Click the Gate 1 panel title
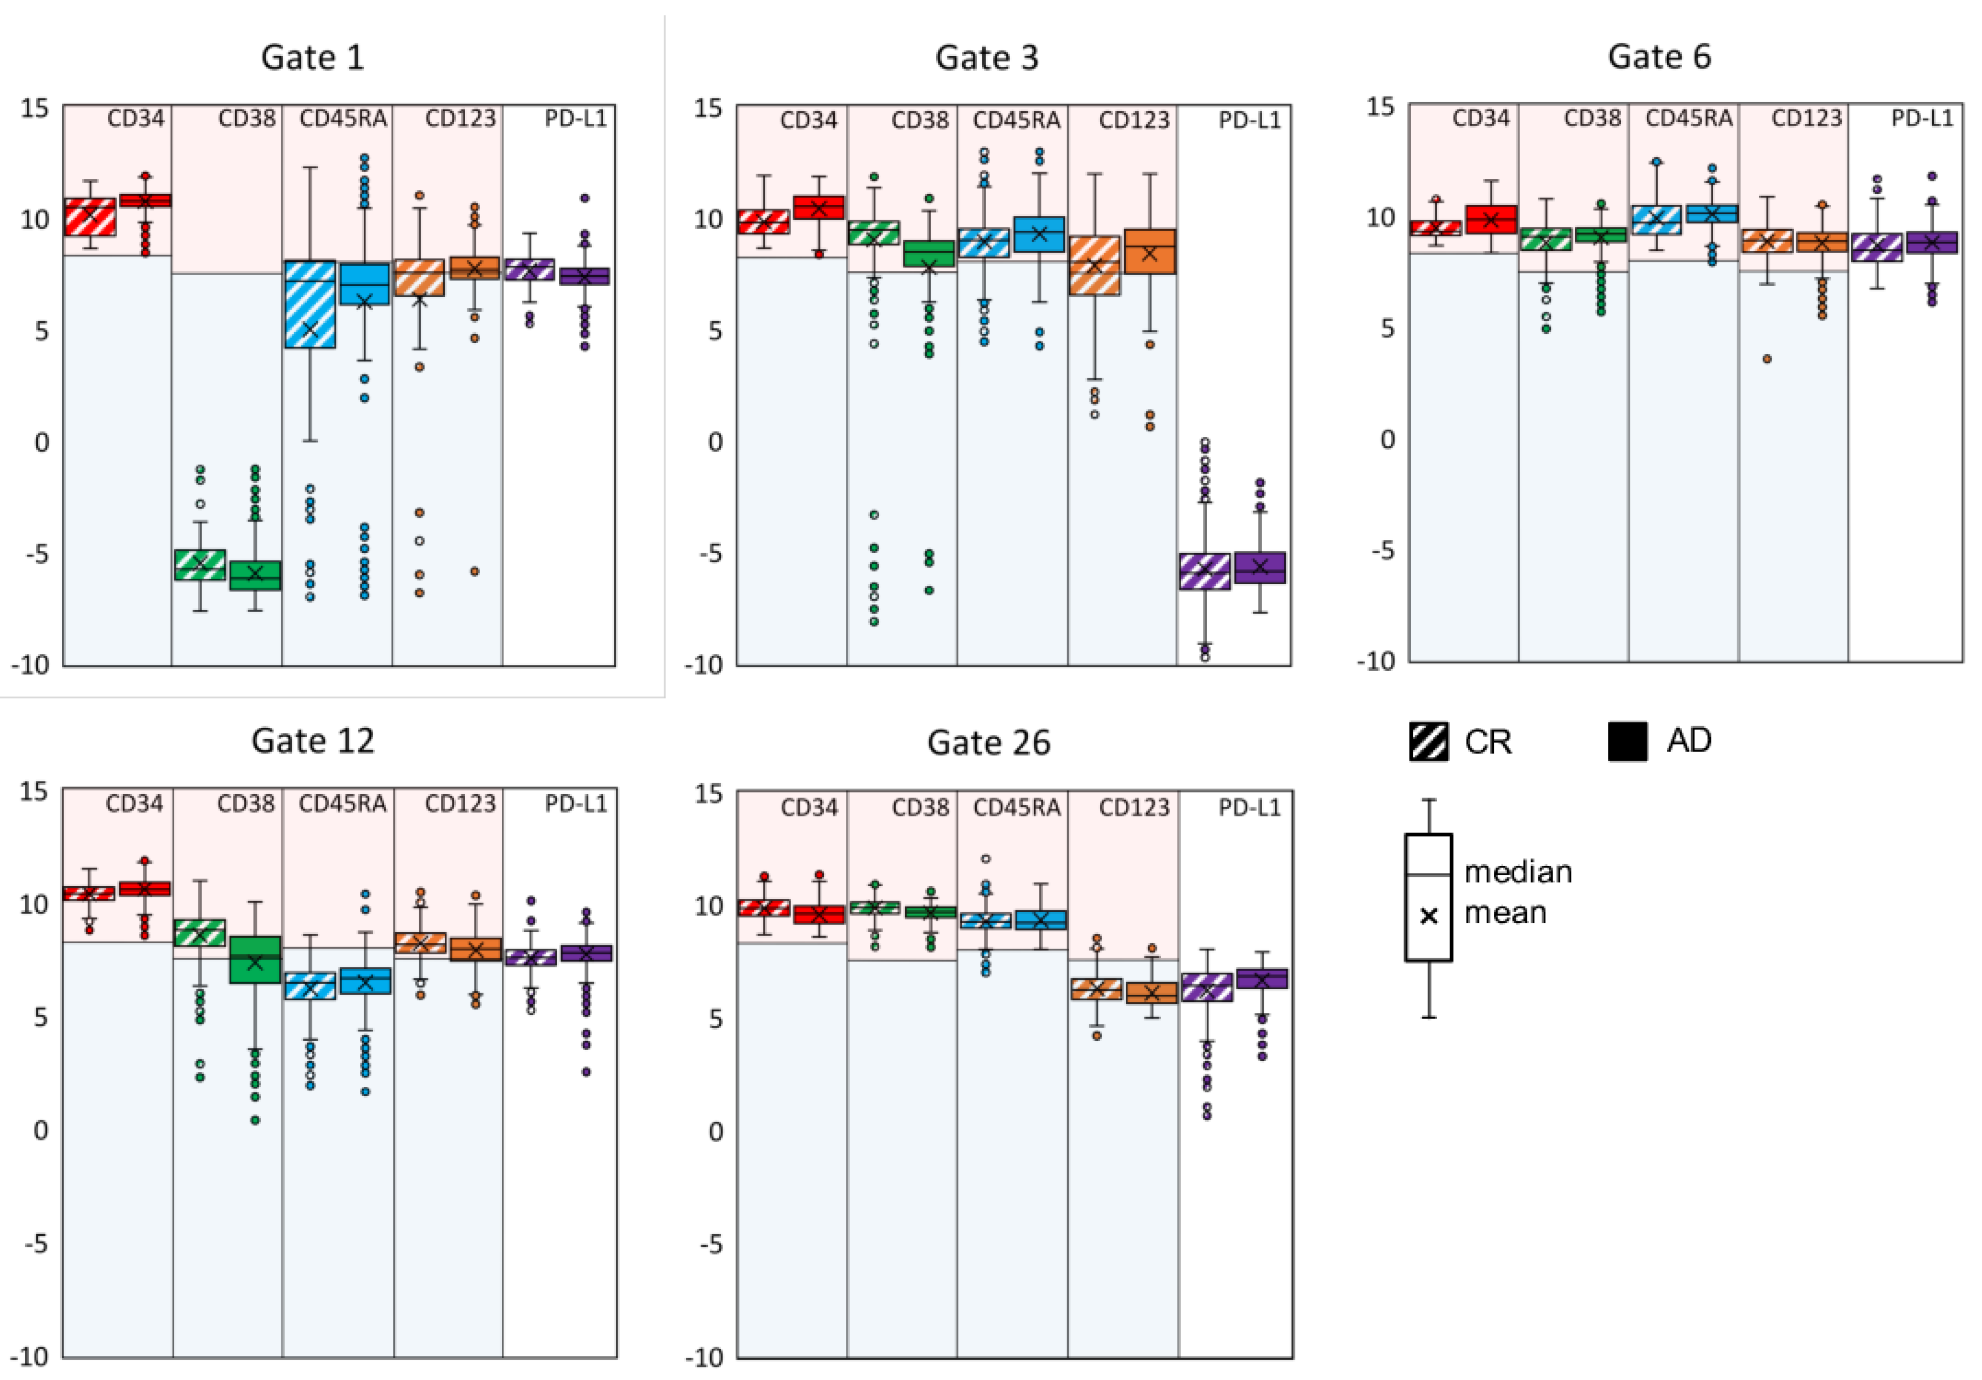312,57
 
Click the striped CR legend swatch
1429,741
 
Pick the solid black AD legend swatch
1627,741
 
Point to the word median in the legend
1517,871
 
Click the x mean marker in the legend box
1429,915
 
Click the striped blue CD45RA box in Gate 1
310,304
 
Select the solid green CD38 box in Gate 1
255,575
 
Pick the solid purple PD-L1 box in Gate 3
1259,567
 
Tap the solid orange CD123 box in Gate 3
1149,252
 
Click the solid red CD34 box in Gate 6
1491,219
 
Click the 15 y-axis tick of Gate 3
708,108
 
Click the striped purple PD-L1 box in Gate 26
1206,987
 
